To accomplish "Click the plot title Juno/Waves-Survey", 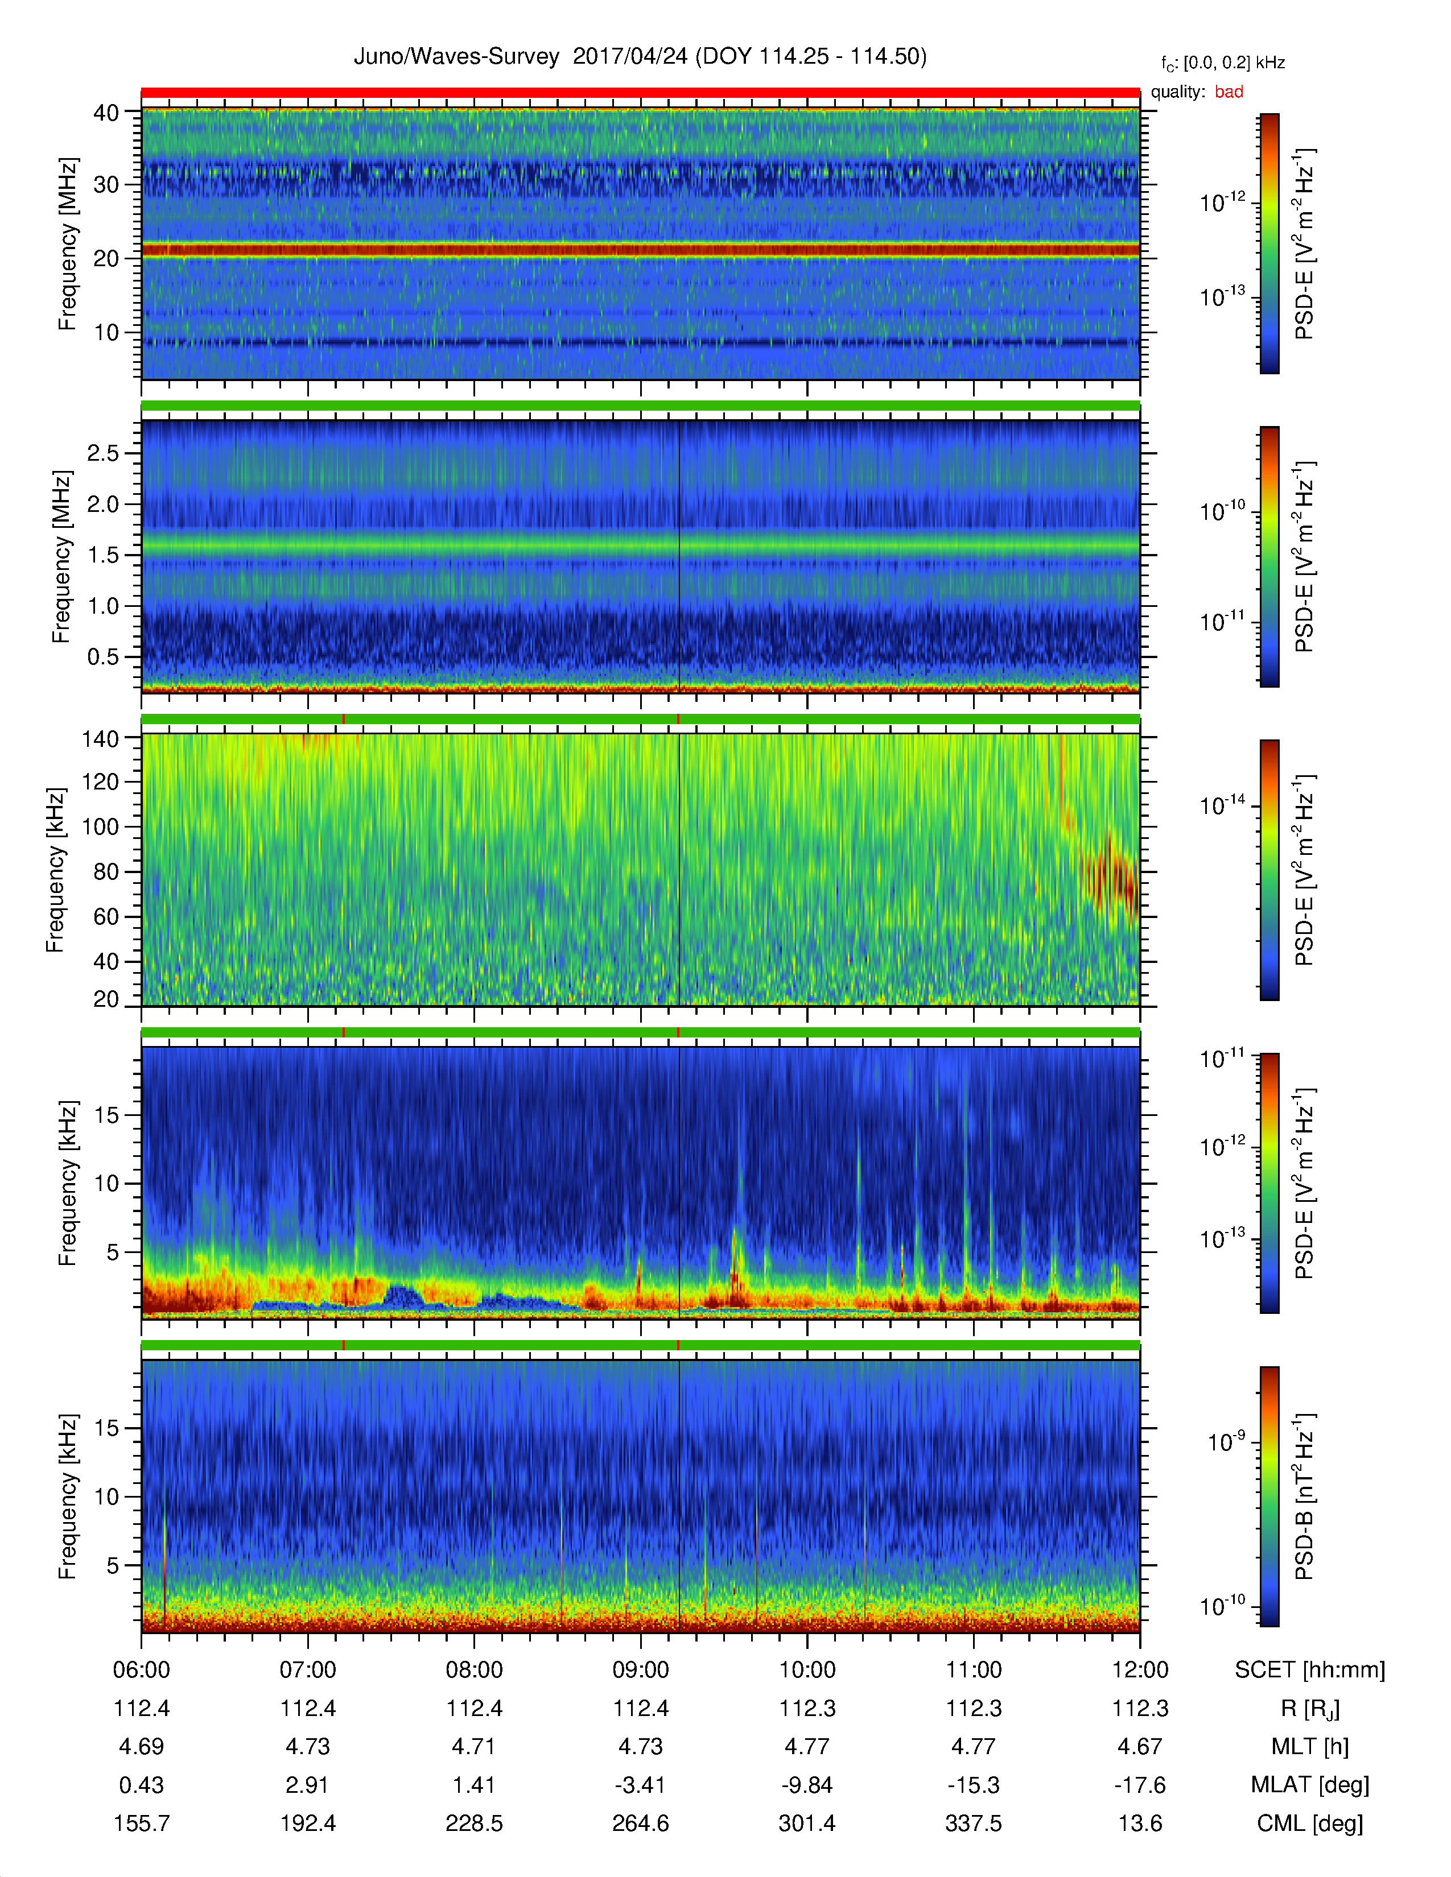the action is click(456, 57).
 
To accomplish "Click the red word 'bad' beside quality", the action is click(1229, 92).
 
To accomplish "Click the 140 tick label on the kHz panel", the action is click(100, 738).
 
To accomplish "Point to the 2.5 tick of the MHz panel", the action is click(103, 453).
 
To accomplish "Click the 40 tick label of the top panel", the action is click(106, 113).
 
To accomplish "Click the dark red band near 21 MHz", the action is click(640, 250).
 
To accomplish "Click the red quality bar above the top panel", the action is click(640, 92).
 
